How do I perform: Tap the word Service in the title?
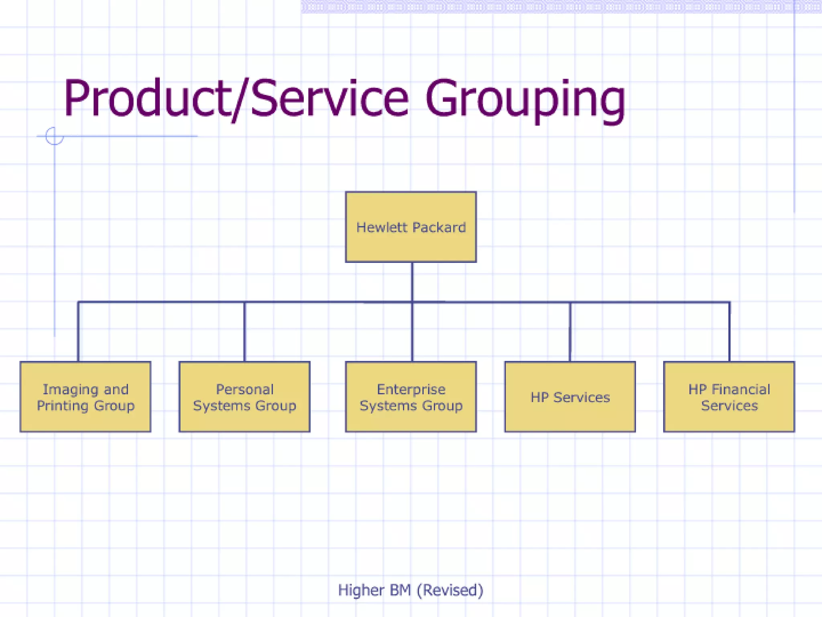click(x=329, y=98)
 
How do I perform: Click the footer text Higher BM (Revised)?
click(x=411, y=590)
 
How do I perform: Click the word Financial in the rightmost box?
click(x=741, y=389)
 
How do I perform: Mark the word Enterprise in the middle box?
click(x=411, y=389)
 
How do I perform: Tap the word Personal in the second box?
click(x=244, y=389)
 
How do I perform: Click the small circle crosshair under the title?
click(x=54, y=136)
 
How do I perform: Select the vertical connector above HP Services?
click(x=570, y=332)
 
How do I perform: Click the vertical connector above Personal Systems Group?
click(x=244, y=332)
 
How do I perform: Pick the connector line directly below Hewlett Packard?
click(x=412, y=281)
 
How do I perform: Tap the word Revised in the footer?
click(x=449, y=590)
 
